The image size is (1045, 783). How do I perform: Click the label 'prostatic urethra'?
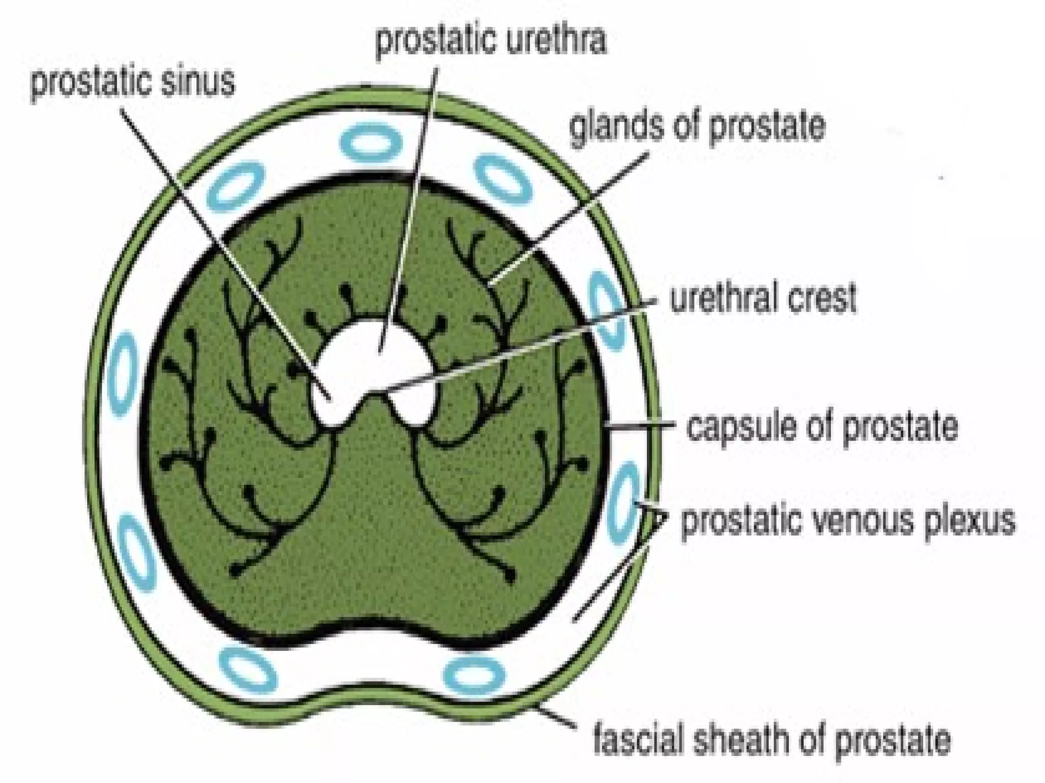pyautogui.click(x=491, y=41)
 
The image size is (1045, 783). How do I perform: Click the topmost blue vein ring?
pyautogui.click(x=370, y=139)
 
